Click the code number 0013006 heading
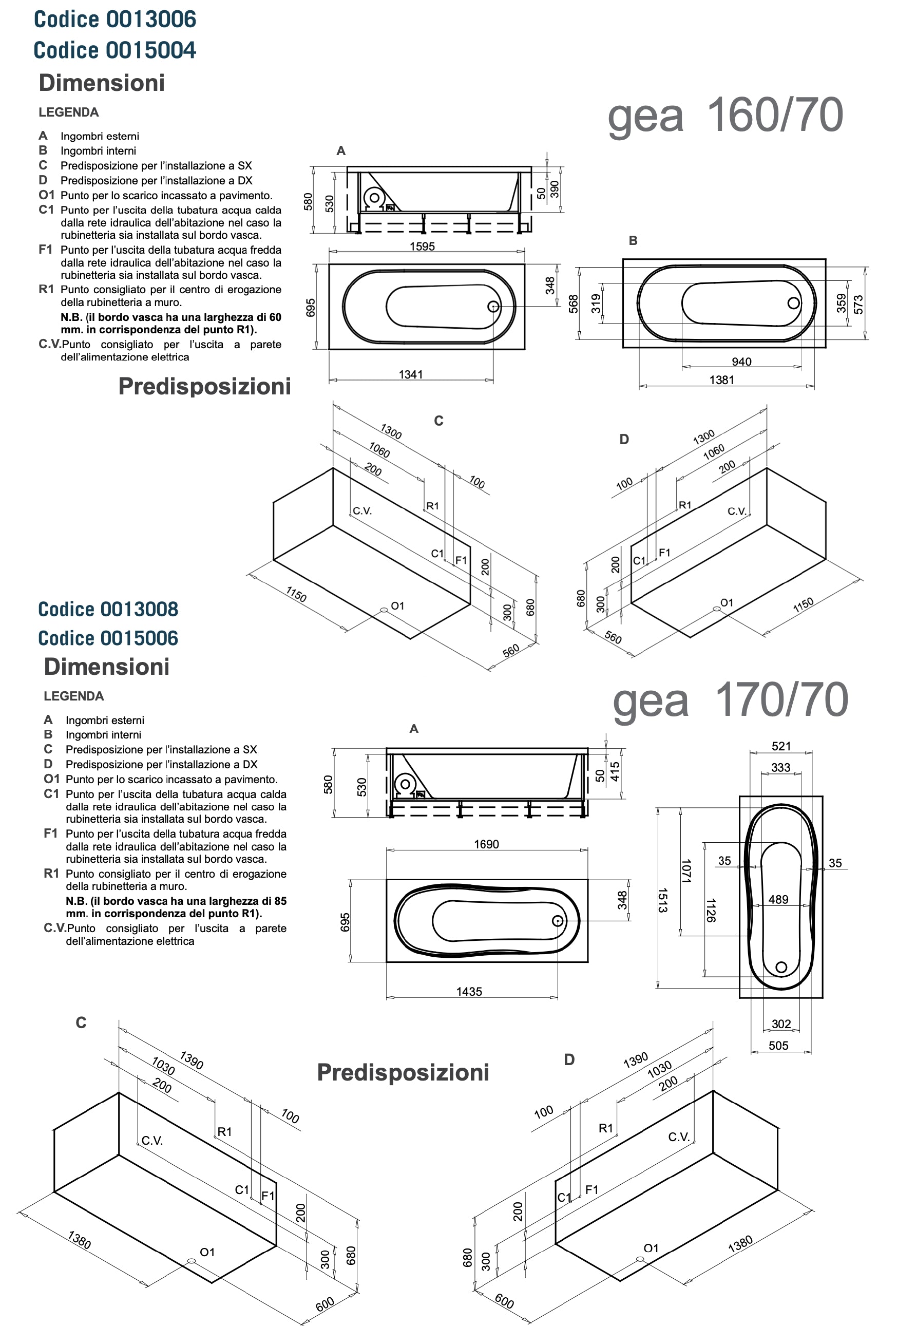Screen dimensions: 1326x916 point(115,20)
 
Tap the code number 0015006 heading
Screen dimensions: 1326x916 point(108,638)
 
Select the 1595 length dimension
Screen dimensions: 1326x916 point(422,247)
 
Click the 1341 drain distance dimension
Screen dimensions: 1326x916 point(411,374)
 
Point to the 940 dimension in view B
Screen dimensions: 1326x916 point(741,362)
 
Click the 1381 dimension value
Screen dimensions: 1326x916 point(721,380)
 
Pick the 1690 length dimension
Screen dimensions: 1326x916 point(486,844)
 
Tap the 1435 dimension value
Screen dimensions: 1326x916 point(469,991)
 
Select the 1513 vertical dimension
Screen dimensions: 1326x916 point(662,900)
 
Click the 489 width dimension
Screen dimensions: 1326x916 point(778,900)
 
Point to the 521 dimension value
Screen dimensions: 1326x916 point(781,746)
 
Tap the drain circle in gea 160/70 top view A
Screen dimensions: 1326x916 point(493,307)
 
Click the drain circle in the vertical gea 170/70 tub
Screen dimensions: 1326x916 point(781,967)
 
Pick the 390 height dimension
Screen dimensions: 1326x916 point(555,190)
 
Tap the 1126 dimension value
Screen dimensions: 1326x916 point(711,911)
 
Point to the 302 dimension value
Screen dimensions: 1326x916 point(781,1024)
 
